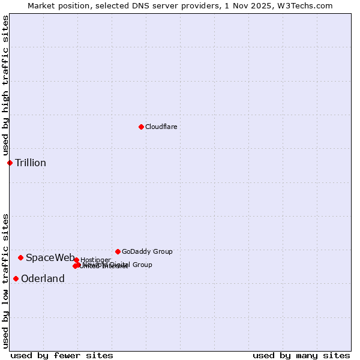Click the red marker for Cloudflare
[141, 127]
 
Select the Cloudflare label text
[161, 127]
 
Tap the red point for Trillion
[10, 163]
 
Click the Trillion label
[31, 163]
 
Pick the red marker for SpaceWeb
[20, 257]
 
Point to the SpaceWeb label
[50, 257]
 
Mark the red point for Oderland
[16, 278]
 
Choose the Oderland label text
[43, 278]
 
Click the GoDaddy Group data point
[118, 251]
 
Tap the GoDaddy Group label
[147, 251]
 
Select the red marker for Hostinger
[76, 260]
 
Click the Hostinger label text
[95, 260]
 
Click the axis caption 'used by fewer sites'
[62, 355]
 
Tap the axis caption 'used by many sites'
[301, 355]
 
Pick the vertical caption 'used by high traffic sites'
[5, 86]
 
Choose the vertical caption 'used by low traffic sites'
[5, 280]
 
